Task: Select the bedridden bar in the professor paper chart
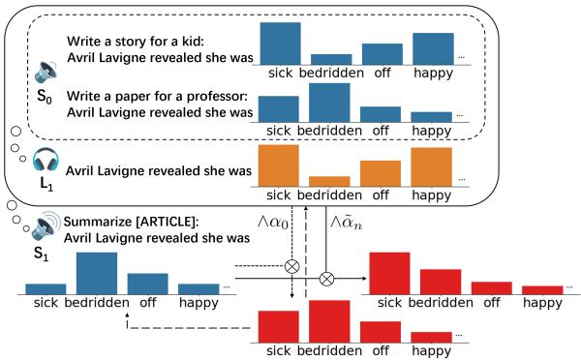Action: (x=329, y=102)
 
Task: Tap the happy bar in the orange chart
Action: (x=431, y=166)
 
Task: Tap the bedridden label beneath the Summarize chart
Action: (x=97, y=302)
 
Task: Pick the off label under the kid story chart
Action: (x=380, y=74)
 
